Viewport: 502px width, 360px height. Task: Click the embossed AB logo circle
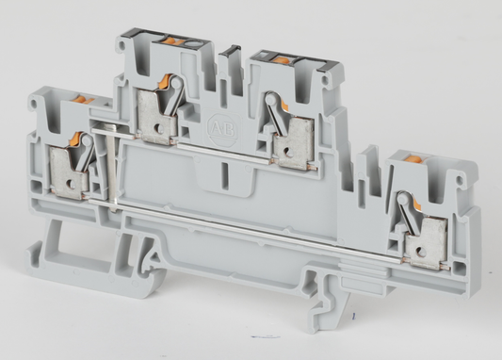tap(218, 125)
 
